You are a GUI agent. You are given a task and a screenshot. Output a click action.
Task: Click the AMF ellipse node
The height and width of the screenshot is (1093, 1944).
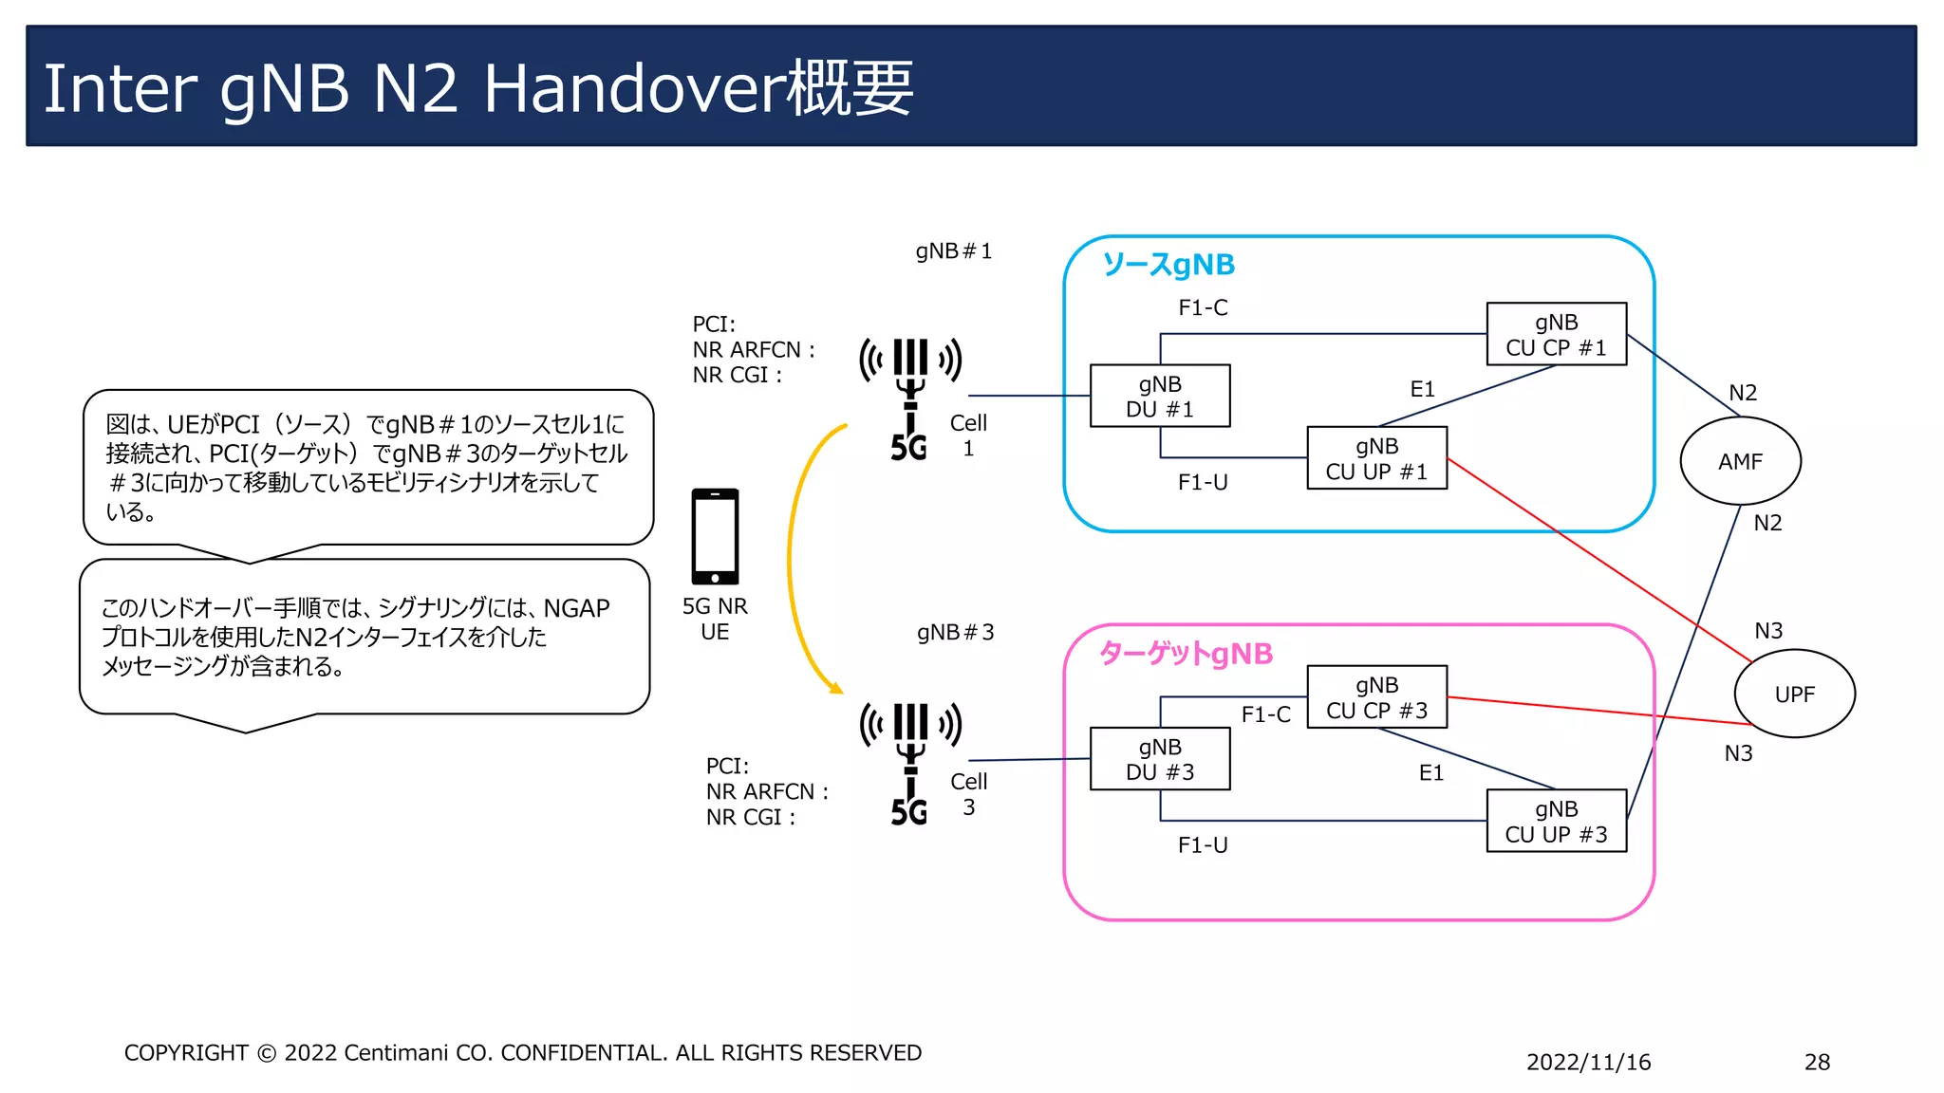(x=1740, y=461)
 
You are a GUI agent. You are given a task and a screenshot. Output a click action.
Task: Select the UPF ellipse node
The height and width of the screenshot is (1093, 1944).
(x=1794, y=694)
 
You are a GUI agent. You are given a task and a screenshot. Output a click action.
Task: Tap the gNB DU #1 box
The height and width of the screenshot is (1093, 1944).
(x=1160, y=397)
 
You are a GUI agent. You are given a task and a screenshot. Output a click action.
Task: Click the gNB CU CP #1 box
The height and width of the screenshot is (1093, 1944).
(x=1556, y=335)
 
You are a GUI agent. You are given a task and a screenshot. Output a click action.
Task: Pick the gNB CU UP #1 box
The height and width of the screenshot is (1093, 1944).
(x=1376, y=458)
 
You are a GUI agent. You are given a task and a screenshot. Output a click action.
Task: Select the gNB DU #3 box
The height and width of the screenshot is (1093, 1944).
(x=1160, y=759)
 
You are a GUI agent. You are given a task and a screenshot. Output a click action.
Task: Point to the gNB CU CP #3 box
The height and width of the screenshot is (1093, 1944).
(x=1376, y=697)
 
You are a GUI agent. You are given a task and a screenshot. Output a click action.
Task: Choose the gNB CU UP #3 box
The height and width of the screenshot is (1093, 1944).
(x=1556, y=822)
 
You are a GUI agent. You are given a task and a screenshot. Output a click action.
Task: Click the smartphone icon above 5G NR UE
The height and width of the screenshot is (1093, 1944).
(x=715, y=537)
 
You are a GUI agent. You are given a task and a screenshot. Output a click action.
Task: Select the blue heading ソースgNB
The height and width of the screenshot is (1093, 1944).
(x=1168, y=265)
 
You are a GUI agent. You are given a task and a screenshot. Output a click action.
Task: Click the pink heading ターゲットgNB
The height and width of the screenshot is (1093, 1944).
(x=1186, y=654)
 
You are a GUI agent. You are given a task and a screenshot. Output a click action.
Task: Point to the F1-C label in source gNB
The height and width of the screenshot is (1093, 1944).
(x=1203, y=307)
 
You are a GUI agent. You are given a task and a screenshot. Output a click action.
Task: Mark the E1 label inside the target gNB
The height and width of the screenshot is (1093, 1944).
(x=1430, y=773)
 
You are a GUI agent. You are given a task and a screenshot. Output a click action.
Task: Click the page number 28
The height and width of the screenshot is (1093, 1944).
(x=1817, y=1062)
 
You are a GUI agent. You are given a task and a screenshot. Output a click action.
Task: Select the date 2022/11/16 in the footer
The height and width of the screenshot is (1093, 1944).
(x=1588, y=1062)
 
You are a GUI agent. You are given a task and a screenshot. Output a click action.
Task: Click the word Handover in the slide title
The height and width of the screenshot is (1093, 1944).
(x=635, y=88)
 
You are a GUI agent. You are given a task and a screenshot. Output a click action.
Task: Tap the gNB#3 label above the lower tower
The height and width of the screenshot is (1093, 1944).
(x=955, y=632)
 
